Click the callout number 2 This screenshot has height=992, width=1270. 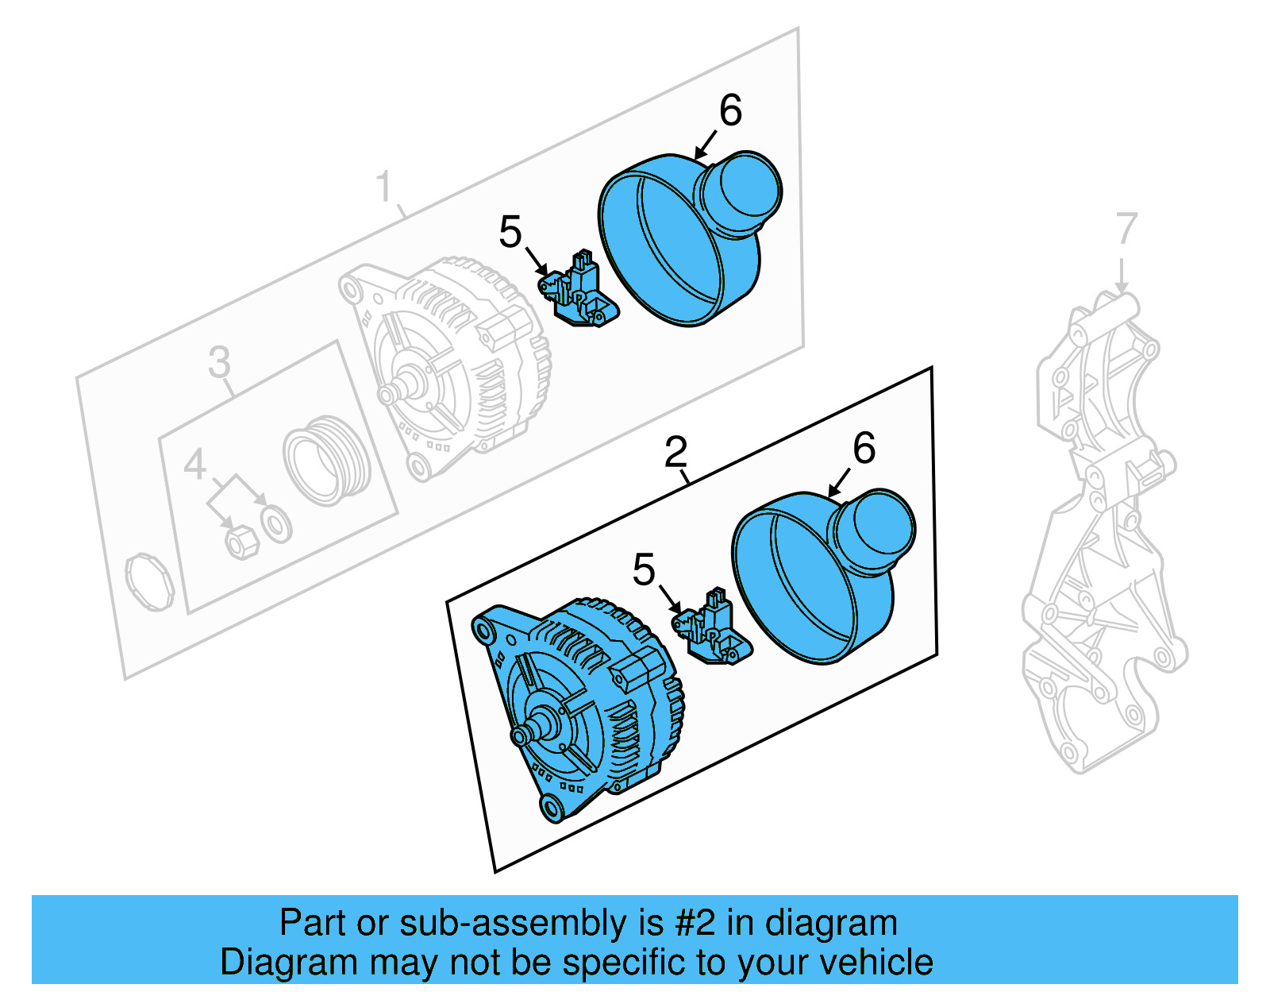pos(675,453)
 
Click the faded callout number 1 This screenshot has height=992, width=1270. pos(384,187)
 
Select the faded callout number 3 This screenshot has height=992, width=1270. pos(219,362)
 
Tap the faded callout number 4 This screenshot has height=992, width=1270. pos(195,465)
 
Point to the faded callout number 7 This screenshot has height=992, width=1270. pos(1126,229)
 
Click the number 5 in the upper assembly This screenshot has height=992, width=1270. pos(510,232)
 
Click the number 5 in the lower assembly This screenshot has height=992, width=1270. pos(644,569)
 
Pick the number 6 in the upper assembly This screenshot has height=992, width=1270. pos(730,110)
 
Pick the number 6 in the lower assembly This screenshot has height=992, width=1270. pos(864,448)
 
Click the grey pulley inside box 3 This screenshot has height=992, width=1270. pos(325,461)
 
